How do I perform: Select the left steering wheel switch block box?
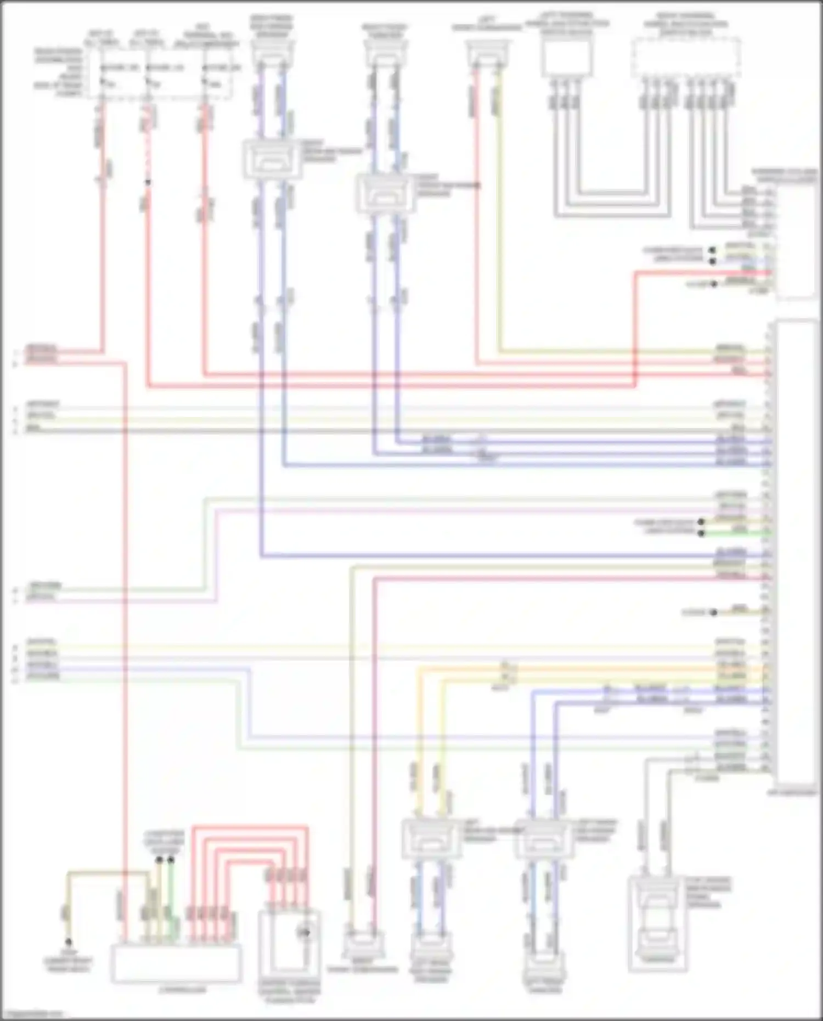pyautogui.click(x=567, y=58)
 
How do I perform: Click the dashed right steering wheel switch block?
pyautogui.click(x=686, y=58)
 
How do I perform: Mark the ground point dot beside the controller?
pyautogui.click(x=69, y=941)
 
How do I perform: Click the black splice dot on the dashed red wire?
pyautogui.click(x=148, y=182)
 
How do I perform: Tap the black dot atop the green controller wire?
pyautogui.click(x=171, y=860)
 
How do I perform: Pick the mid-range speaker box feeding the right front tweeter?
pyautogui.click(x=385, y=193)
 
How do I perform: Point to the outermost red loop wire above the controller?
pyautogui.click(x=250, y=827)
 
